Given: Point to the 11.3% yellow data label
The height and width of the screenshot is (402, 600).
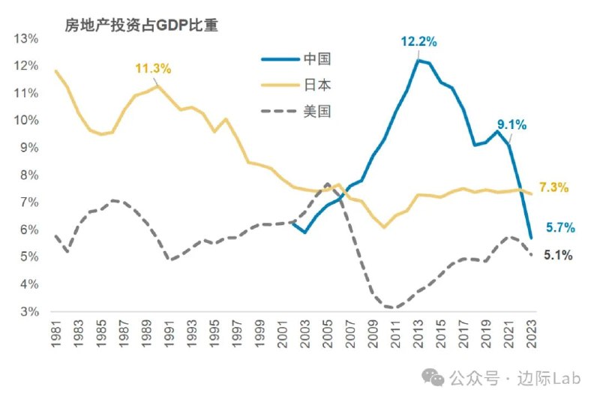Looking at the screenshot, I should point(154,68).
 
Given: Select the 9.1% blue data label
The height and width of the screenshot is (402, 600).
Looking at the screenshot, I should point(510,124).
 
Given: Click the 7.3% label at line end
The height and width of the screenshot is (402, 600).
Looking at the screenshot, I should point(556,187).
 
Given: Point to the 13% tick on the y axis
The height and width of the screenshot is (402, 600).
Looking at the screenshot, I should point(25,38).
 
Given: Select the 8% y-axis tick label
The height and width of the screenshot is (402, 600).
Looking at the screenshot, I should point(28,175).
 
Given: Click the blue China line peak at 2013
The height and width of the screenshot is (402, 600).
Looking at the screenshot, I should point(418,60).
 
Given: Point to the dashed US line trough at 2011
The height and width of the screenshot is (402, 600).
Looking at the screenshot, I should point(395,307).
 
